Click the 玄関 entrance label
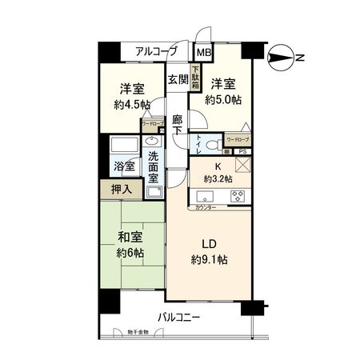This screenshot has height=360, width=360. click(178, 79)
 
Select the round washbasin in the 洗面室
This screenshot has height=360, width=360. click(152, 142)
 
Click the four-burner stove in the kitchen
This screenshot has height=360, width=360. click(238, 195)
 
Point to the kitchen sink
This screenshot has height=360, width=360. click(205, 196)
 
